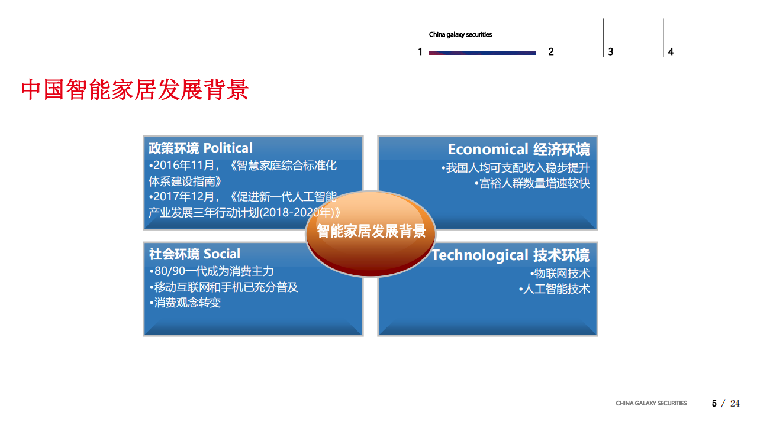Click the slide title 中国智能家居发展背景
tap(134, 90)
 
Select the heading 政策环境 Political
tap(201, 148)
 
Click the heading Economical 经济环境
tap(518, 149)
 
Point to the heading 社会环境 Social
tap(195, 254)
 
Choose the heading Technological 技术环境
tap(510, 255)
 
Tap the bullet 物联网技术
tap(560, 274)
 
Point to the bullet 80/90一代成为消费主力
tap(211, 271)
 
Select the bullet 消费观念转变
tap(185, 303)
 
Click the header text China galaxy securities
tap(460, 35)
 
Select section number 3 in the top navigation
tap(610, 52)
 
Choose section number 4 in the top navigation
tap(671, 52)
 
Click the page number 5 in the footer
tap(714, 404)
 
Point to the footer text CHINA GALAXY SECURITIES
tap(651, 404)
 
